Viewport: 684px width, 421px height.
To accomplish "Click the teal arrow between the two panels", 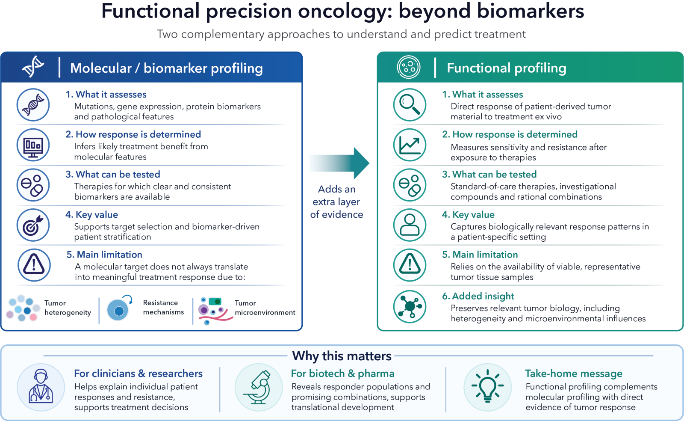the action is [x=339, y=163].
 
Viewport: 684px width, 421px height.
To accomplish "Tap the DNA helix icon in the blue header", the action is [x=33, y=67].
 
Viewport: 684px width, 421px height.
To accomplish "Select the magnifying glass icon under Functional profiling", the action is [x=410, y=105].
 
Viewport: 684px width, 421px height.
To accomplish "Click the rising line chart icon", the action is [x=410, y=145].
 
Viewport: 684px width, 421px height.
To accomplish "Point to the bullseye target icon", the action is [x=33, y=225].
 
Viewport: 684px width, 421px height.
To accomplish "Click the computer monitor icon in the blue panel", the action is [x=33, y=145].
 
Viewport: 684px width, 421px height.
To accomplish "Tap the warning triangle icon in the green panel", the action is [x=410, y=265].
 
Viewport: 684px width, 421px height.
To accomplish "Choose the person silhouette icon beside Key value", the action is [x=410, y=225].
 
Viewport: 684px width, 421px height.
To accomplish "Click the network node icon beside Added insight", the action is [x=410, y=306].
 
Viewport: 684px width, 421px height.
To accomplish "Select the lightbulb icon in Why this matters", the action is [x=487, y=387].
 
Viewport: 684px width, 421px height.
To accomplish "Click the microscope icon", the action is [x=259, y=387].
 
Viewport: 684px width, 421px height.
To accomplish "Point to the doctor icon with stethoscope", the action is [x=41, y=387].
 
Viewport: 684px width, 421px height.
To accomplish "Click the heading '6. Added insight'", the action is [x=478, y=296].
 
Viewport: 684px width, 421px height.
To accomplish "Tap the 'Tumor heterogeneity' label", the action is [x=68, y=308].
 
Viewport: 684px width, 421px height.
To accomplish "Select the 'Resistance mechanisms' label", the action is [x=163, y=307].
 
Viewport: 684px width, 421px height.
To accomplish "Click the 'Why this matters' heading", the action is [x=342, y=356].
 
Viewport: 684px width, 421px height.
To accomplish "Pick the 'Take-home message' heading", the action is [x=573, y=374].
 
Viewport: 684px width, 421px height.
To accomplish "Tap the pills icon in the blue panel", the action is [x=33, y=185].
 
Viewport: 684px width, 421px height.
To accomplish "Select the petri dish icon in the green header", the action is [x=409, y=67].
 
